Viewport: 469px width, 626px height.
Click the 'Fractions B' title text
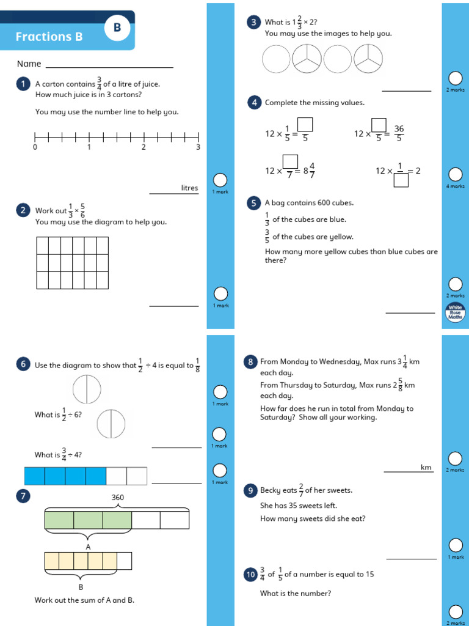[49, 37]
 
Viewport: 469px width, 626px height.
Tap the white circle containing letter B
[117, 28]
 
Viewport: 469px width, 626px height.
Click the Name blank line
[109, 67]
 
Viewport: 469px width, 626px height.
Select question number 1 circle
[23, 84]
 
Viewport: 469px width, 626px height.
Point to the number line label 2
[144, 147]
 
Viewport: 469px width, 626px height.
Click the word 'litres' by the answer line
[189, 188]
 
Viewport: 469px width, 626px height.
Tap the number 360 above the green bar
[117, 498]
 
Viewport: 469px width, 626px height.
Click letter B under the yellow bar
[81, 587]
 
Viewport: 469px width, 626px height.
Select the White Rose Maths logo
[455, 313]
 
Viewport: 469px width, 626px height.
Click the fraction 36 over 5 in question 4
[399, 133]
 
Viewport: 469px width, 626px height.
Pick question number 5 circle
[253, 203]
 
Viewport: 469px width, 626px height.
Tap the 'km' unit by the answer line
[426, 468]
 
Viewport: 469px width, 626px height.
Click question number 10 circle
[250, 575]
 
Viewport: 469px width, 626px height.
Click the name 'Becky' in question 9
[272, 490]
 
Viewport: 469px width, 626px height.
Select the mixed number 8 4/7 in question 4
[309, 171]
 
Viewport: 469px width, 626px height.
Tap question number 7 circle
[23, 496]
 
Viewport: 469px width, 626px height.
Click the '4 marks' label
[455, 186]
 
